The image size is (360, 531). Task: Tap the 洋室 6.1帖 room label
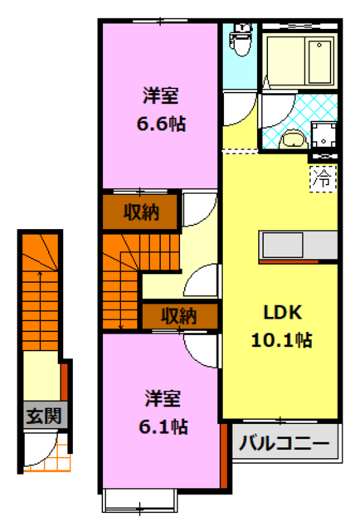click(x=163, y=412)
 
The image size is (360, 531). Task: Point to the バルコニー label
click(x=285, y=444)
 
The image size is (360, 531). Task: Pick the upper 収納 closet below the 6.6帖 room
click(x=140, y=212)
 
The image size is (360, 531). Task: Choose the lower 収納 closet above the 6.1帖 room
click(x=178, y=316)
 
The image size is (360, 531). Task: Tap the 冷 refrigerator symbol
click(x=324, y=177)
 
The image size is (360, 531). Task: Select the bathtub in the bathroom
click(x=302, y=57)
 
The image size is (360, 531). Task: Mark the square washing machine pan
click(x=324, y=134)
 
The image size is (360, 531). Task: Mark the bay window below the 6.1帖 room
click(x=139, y=499)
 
